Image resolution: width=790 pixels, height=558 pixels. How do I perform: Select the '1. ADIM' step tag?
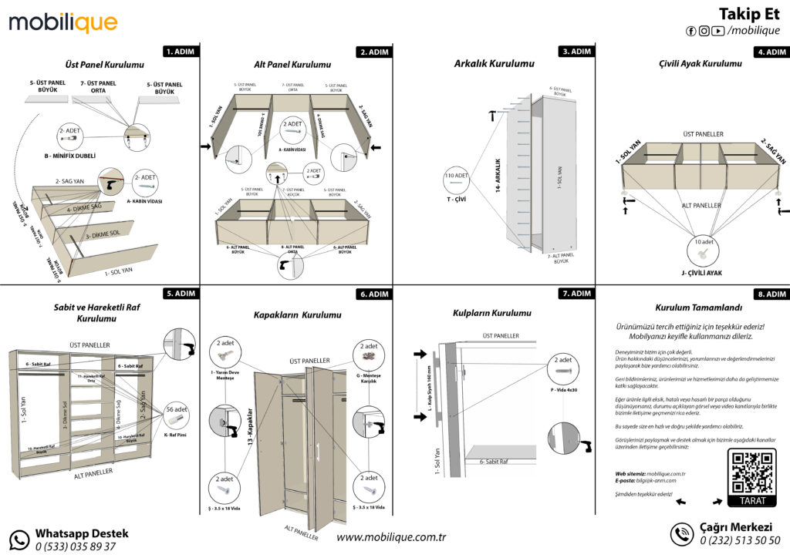(x=181, y=52)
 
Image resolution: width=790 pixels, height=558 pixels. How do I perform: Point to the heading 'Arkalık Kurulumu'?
(x=494, y=64)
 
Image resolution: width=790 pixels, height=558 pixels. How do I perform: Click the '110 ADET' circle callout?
(x=457, y=177)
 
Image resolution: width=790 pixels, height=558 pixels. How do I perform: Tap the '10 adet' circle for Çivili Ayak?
(x=702, y=248)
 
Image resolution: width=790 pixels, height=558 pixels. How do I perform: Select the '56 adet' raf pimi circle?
(x=176, y=415)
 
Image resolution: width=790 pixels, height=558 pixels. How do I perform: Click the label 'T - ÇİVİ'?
(x=457, y=200)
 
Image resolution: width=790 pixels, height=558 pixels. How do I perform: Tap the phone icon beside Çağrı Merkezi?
(x=681, y=534)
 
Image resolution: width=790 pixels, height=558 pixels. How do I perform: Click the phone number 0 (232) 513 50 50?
(x=740, y=541)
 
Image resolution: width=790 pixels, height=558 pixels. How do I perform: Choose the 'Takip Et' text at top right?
(x=748, y=14)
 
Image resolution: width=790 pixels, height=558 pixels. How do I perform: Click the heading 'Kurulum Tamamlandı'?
(x=693, y=307)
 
